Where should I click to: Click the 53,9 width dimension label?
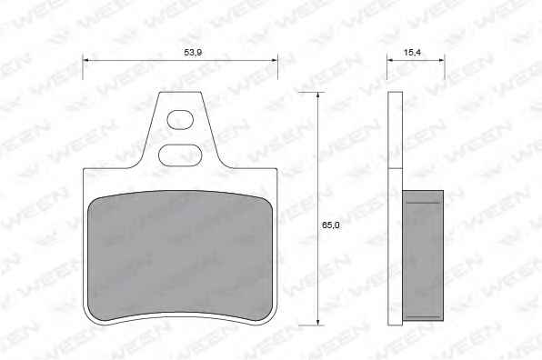coord(193,53)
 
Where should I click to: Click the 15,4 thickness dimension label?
coord(412,53)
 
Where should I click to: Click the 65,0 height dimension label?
coord(331,225)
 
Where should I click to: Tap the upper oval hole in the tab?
coord(180,120)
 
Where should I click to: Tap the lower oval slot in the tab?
coord(180,155)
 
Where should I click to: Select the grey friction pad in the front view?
coord(181,256)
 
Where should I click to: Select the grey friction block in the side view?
coord(423,255)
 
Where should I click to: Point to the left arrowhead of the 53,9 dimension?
coord(86,60)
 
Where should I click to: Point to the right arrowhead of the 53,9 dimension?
coord(274,60)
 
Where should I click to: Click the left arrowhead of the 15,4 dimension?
coord(390,60)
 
